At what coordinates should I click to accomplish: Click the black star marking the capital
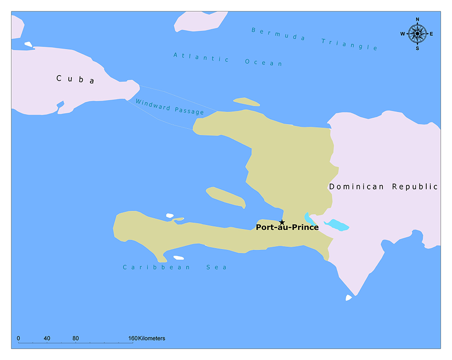pos(282,222)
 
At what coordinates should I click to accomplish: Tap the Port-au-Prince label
pos(287,227)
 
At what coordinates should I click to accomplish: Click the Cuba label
pos(75,79)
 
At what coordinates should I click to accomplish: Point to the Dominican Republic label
pos(383,186)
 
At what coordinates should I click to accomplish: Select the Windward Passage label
pos(169,107)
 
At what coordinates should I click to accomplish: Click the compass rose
pos(417,33)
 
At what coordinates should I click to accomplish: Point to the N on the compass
pos(417,19)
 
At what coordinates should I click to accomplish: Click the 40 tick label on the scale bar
pos(47,338)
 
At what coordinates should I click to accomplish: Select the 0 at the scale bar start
pos(18,338)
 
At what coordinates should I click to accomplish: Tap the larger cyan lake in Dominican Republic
pos(336,225)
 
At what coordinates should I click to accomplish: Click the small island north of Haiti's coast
pos(246,102)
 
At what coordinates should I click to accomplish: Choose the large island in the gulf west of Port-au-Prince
pos(226,197)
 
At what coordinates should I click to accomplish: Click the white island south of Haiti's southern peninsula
pos(179,258)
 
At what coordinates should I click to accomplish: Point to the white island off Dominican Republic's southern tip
pos(348,298)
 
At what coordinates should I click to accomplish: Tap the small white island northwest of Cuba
pos(28,44)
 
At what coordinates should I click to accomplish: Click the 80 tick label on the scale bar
pos(75,338)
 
